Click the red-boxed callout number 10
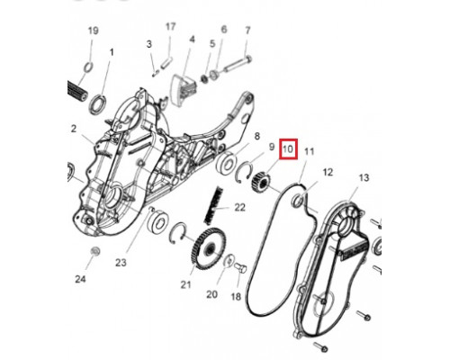[288, 148]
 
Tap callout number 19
[93, 31]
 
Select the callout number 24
[80, 279]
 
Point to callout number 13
[364, 177]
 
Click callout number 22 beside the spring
[239, 207]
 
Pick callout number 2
[74, 129]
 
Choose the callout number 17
[170, 27]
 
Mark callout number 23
[121, 263]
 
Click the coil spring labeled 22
[213, 205]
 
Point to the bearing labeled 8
[227, 164]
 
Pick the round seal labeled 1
[97, 104]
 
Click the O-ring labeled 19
[88, 67]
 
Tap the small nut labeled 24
[95, 251]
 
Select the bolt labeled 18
[239, 267]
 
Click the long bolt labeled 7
[237, 65]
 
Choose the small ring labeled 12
[298, 201]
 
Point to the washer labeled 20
[229, 260]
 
